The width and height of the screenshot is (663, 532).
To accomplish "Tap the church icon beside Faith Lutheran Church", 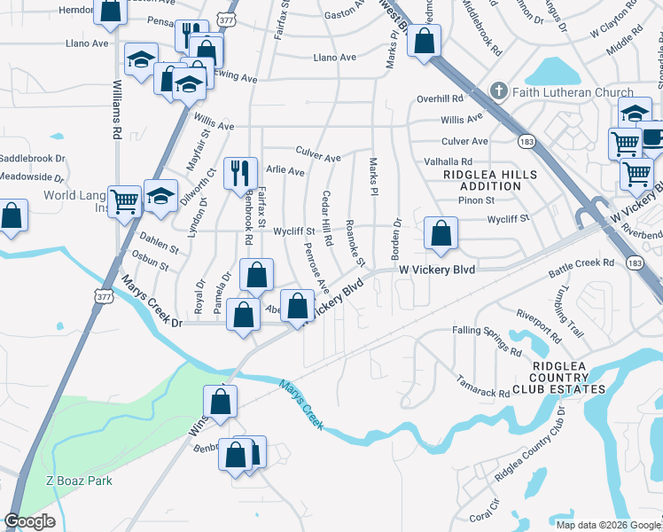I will [500, 92].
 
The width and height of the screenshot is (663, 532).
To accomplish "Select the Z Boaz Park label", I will [79, 481].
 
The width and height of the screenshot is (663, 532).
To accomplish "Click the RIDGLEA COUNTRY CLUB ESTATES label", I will [568, 377].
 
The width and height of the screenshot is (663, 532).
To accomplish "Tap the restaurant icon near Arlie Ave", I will [239, 172].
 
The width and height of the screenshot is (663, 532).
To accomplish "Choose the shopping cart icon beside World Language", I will [124, 200].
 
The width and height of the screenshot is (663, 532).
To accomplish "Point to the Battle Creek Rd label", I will [584, 262].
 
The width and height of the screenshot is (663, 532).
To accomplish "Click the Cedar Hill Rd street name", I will [327, 217].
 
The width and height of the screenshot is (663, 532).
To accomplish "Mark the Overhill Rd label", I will [441, 99].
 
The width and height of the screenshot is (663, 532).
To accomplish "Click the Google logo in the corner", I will [29, 521].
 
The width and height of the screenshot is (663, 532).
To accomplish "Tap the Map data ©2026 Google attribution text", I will [606, 524].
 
